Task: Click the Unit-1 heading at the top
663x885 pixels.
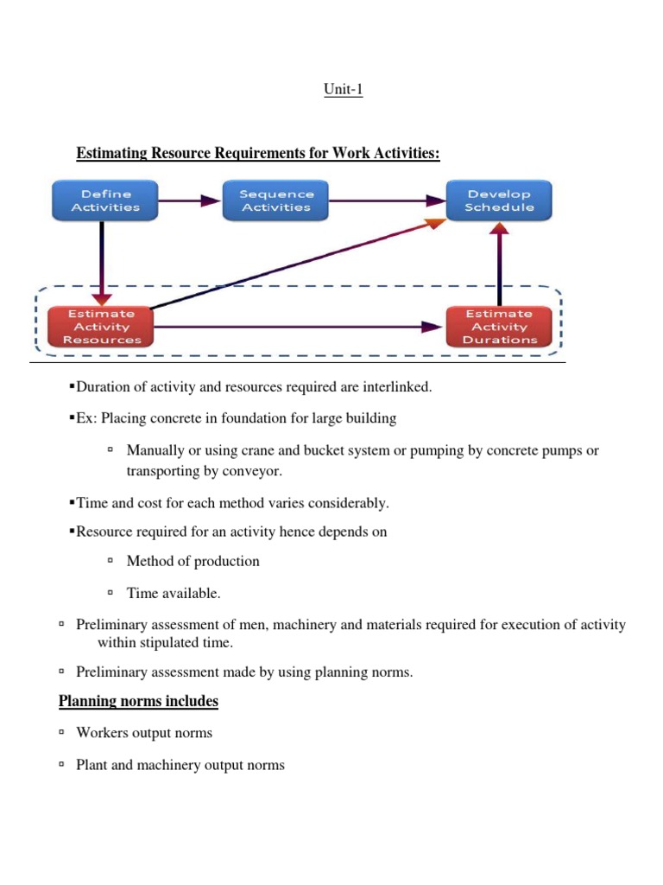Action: [344, 89]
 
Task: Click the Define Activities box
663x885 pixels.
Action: [105, 201]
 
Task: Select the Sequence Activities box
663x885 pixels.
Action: [276, 201]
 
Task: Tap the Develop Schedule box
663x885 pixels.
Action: [499, 201]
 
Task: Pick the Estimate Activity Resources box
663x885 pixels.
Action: [102, 327]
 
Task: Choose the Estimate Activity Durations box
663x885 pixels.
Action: [499, 327]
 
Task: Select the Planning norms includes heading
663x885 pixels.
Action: [138, 701]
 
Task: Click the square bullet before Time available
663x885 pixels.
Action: [110, 593]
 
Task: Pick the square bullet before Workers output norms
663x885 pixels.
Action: [62, 733]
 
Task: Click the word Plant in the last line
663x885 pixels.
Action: [92, 765]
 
